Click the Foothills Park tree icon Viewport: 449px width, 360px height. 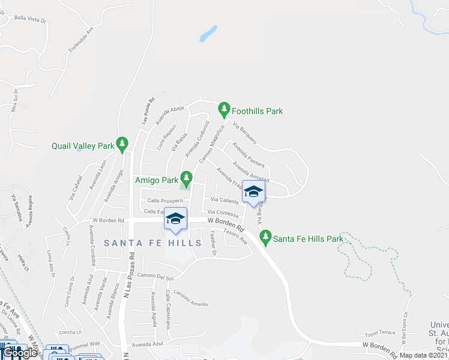pyautogui.click(x=224, y=110)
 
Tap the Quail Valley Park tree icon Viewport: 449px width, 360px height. pyautogui.click(x=122, y=144)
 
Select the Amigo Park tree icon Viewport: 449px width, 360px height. pyautogui.click(x=186, y=178)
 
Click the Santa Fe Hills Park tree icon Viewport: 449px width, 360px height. pyautogui.click(x=265, y=238)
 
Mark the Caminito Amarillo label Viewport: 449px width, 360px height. pyautogui.click(x=190, y=298)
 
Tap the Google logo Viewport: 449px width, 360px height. pyautogui.click(x=20, y=353)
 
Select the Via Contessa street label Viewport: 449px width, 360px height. pyautogui.click(x=223, y=212)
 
